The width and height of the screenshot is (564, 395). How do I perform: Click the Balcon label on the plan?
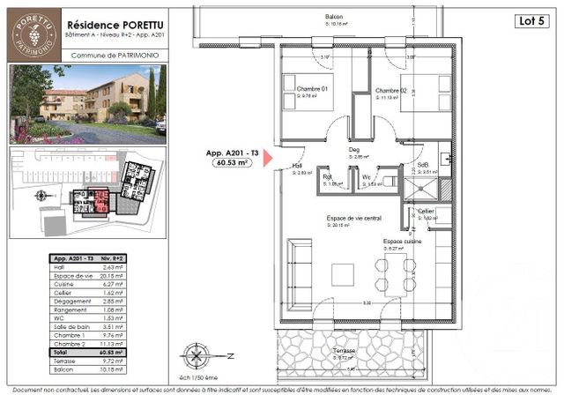(x=333, y=18)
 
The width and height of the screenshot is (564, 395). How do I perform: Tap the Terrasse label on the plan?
(x=344, y=350)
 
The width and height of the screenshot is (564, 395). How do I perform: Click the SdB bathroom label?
(x=422, y=167)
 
